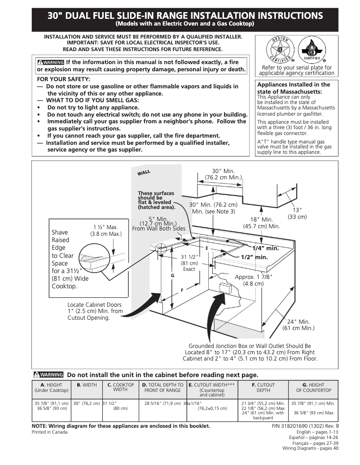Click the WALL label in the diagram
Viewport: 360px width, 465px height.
tap(144, 172)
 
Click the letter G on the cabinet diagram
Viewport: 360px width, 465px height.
tap(172, 275)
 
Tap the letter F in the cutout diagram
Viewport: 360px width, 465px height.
tap(182, 290)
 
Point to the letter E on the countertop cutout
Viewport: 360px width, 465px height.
tap(207, 248)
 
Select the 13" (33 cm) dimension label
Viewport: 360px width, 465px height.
tap(297, 213)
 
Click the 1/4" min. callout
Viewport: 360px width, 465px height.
tap(265, 248)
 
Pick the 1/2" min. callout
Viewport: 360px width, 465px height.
tap(254, 257)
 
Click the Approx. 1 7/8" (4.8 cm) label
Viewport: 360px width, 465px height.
tap(253, 280)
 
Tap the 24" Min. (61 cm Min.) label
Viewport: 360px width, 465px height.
tap(298, 325)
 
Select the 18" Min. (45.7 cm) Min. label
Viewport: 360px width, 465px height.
tap(261, 223)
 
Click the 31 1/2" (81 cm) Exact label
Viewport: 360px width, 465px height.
tap(189, 263)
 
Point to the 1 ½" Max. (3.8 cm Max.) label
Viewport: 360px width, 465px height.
tap(105, 230)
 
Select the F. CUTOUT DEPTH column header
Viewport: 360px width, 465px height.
tap(263, 387)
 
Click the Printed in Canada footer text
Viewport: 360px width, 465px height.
tap(50, 432)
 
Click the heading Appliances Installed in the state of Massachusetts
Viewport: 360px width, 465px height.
tap(293, 87)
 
